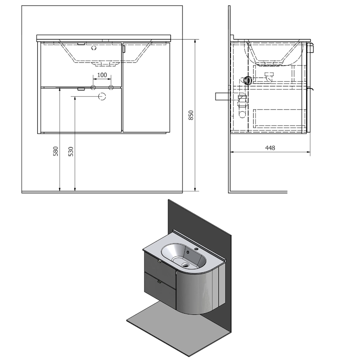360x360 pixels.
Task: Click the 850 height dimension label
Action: click(x=191, y=115)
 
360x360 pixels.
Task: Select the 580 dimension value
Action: click(x=56, y=151)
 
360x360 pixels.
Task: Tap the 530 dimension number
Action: click(x=71, y=151)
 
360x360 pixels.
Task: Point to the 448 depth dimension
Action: click(x=270, y=148)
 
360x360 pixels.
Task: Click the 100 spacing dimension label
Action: click(x=102, y=75)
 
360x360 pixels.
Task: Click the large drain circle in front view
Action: click(x=102, y=96)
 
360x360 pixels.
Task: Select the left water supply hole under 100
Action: click(x=93, y=88)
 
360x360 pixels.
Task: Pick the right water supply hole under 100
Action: click(x=111, y=88)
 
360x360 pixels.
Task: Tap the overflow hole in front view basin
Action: click(x=94, y=48)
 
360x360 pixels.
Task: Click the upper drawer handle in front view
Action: click(x=81, y=44)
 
